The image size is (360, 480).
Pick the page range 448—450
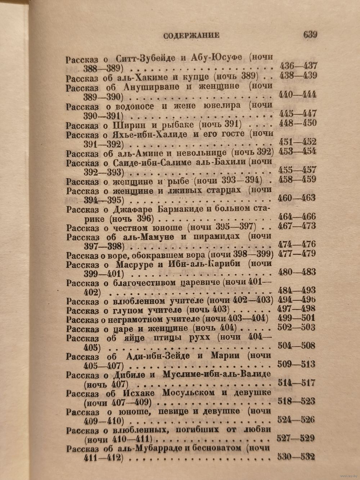pyautogui.click(x=298, y=123)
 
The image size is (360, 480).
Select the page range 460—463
pyautogui.click(x=297, y=198)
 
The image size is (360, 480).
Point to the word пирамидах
pyautogui.click(x=217, y=237)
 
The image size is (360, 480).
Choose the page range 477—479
pyautogui.click(x=297, y=255)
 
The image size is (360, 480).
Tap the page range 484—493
pyautogui.click(x=297, y=290)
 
